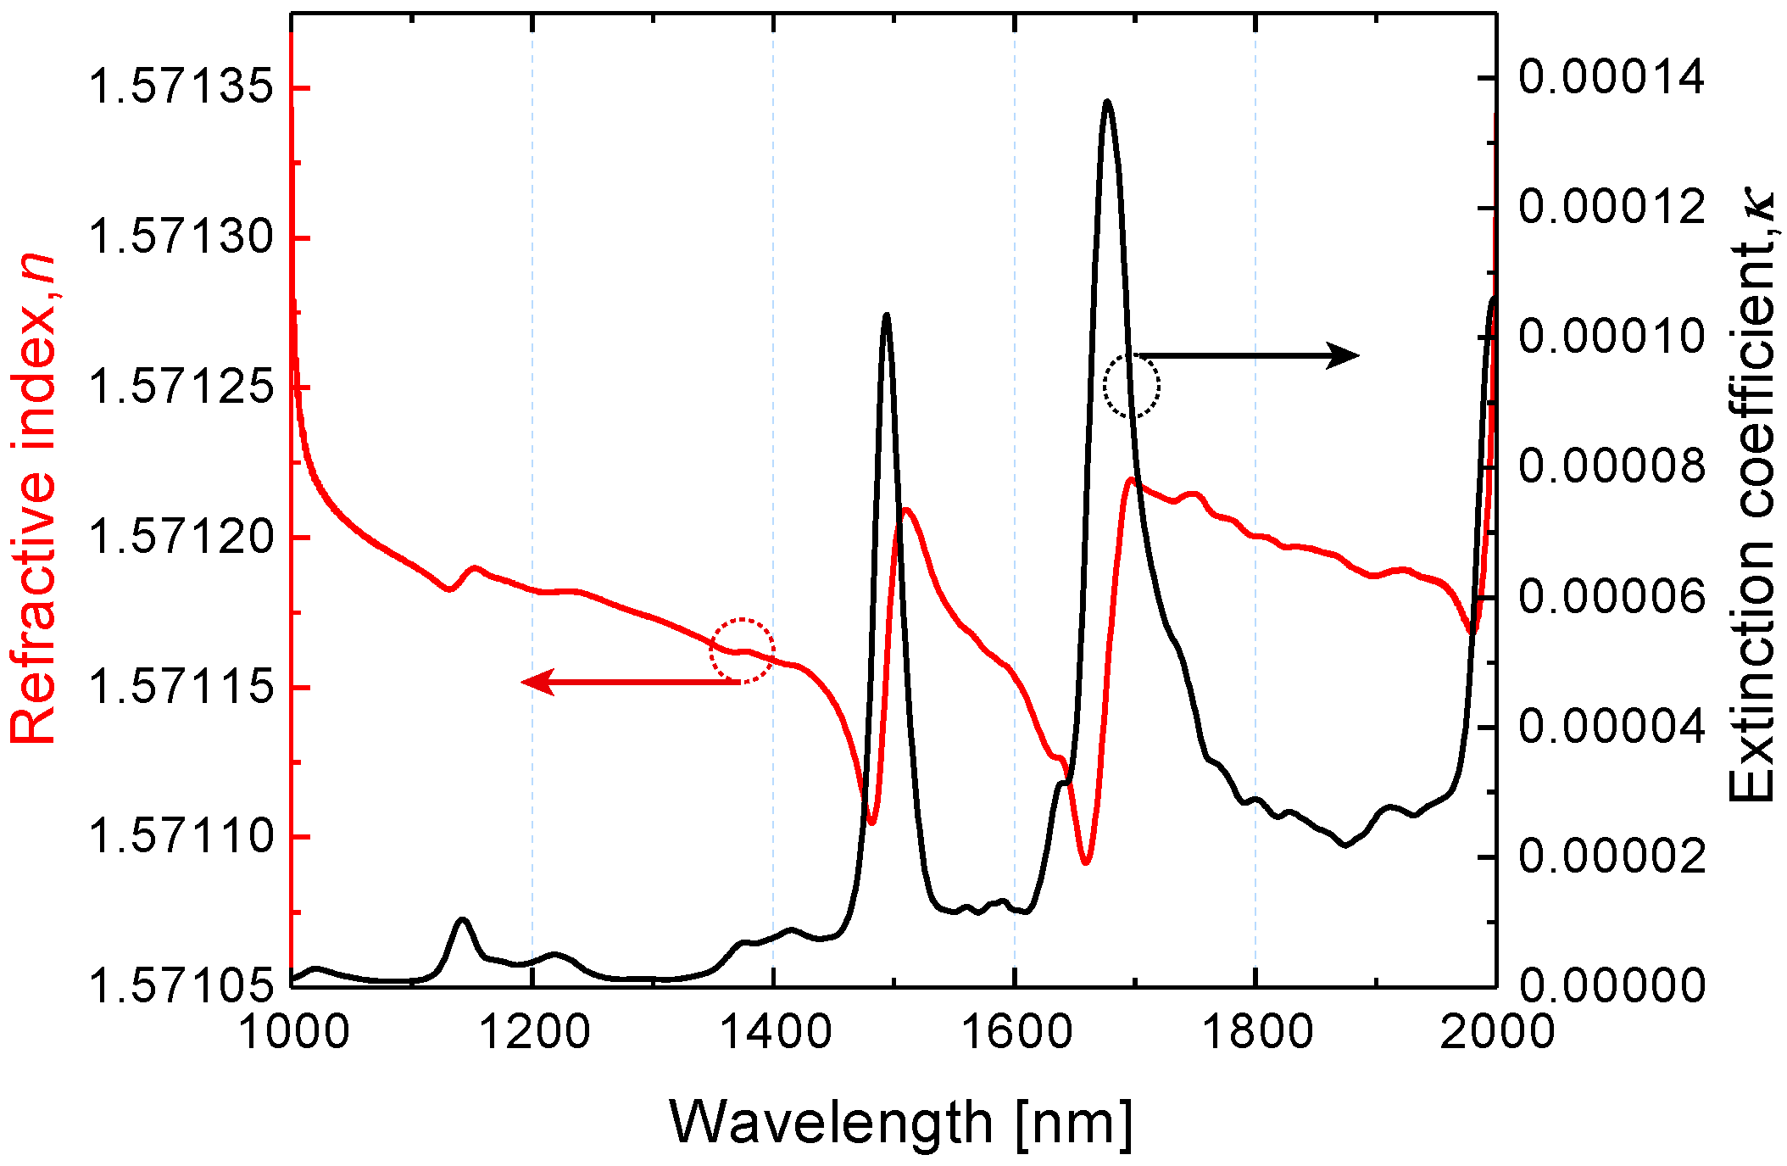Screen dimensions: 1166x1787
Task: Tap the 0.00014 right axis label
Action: tap(1611, 77)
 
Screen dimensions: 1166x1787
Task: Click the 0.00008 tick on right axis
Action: tap(1611, 466)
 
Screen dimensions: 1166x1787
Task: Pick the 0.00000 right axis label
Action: tap(1611, 985)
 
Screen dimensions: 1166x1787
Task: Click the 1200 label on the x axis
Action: tap(533, 1034)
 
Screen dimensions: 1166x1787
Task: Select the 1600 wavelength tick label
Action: tap(1015, 1034)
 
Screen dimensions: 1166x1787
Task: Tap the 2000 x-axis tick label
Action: tap(1497, 1034)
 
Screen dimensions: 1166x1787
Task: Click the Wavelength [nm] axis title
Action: tap(900, 1124)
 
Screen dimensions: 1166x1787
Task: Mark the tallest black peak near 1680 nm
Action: tap(1107, 103)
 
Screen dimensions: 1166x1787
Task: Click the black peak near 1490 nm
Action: tap(886, 315)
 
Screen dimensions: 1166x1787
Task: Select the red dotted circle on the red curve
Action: tap(742, 651)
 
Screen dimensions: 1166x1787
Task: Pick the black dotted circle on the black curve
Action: tap(1132, 387)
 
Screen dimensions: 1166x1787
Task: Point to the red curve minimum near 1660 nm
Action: tap(1085, 862)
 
